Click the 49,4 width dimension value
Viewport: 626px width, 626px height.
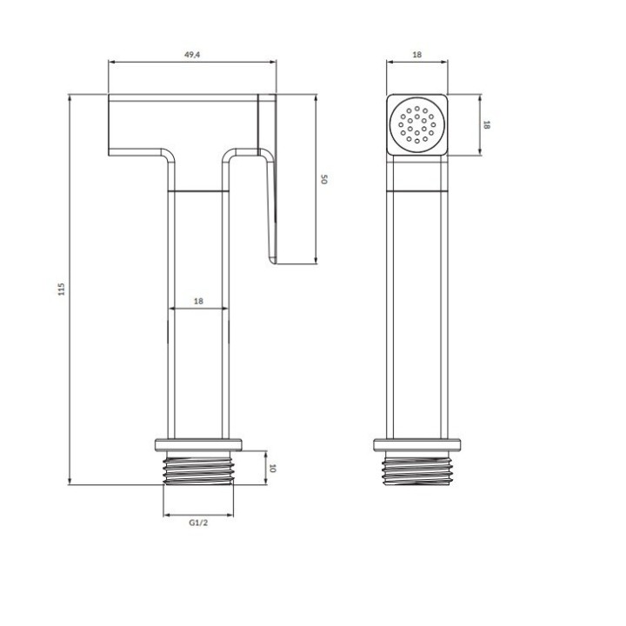click(x=192, y=55)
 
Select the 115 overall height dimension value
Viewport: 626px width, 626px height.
click(x=61, y=289)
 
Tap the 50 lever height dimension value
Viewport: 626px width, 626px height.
click(x=324, y=179)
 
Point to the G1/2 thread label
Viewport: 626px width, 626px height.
click(x=198, y=523)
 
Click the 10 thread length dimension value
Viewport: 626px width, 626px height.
click(x=273, y=468)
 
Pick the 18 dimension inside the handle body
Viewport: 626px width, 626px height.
click(x=198, y=301)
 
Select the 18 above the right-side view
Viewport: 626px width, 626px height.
click(x=416, y=55)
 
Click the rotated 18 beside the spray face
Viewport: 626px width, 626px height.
click(x=486, y=124)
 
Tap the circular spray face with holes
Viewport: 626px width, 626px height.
click(x=417, y=124)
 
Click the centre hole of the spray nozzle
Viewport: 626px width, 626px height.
click(x=417, y=124)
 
